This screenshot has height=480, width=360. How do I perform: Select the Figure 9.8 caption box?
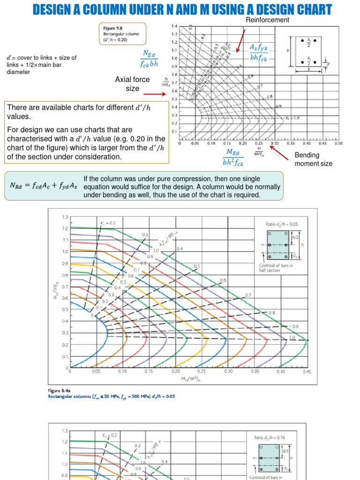pos(122,34)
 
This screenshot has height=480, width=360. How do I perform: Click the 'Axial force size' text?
pos(132,84)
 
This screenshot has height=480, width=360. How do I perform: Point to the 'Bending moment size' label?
pos(313,159)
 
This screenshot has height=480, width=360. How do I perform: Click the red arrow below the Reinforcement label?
pos(240,40)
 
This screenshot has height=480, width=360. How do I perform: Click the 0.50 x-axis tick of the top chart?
pos(338,143)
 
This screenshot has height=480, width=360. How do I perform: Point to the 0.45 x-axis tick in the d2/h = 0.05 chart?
pos(307,371)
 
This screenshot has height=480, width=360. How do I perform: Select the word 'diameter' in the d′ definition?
pos(19,72)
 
